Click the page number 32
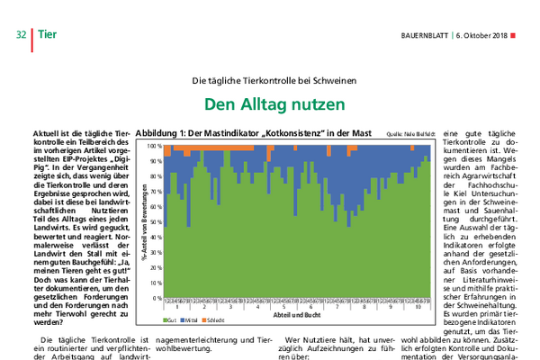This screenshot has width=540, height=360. coord(20,35)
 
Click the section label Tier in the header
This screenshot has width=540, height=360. coord(48,35)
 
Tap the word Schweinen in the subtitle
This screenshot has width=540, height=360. coord(328,81)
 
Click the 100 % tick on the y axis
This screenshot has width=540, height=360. coord(153,145)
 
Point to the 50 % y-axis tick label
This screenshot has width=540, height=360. coord(155,221)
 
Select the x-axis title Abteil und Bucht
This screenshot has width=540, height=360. coord(297,316)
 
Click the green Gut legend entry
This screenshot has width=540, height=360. coord(168,319)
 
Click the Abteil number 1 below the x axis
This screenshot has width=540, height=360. coord(177,308)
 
